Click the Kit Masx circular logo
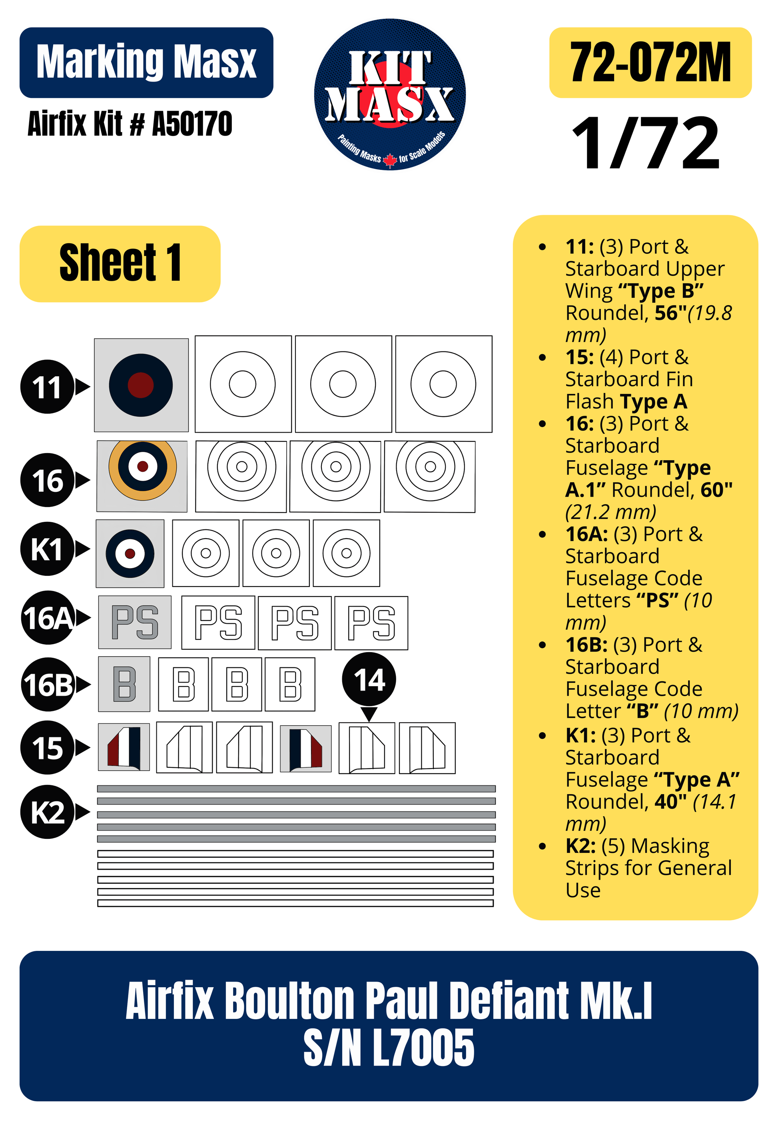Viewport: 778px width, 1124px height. (390, 94)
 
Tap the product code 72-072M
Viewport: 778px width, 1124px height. (650, 62)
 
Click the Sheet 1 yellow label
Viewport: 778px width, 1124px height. (120, 264)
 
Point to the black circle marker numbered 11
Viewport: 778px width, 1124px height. (47, 387)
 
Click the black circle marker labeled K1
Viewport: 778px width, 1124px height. (47, 549)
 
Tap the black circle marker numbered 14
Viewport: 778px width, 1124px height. (369, 679)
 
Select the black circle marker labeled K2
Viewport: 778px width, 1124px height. (47, 812)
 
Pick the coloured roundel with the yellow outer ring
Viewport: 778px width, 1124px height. (142, 470)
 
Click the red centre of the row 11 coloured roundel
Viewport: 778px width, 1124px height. (140, 385)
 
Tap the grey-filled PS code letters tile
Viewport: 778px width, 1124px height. (135, 622)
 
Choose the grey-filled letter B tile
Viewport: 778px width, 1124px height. (124, 684)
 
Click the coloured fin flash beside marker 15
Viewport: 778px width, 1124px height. (124, 746)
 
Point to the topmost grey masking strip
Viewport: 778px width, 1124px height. (296, 789)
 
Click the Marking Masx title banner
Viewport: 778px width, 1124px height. (146, 62)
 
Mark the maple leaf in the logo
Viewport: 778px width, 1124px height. (390, 160)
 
